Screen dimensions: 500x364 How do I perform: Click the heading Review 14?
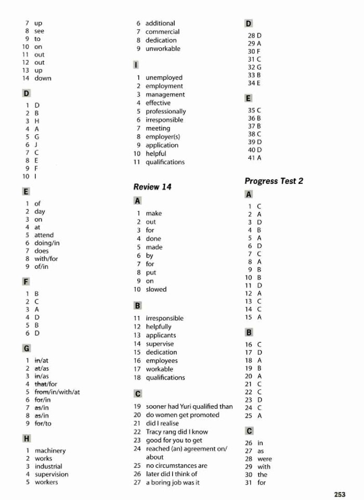[152, 186]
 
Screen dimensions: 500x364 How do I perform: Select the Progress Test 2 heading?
[274, 181]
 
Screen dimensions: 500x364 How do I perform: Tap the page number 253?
[340, 493]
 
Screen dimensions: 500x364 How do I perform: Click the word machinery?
[50, 451]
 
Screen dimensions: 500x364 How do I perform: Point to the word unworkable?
[163, 48]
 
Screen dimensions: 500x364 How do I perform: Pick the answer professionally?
[165, 111]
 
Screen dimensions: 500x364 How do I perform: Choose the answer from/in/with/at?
[57, 392]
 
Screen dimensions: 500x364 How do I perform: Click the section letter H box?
[26, 438]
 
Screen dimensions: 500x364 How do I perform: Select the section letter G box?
[26, 347]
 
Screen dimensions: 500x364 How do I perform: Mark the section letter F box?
[26, 281]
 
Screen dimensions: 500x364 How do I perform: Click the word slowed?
[156, 289]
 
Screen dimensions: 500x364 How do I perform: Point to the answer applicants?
[161, 335]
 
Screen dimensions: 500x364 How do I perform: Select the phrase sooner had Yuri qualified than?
[189, 406]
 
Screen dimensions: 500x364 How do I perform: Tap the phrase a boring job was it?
[173, 482]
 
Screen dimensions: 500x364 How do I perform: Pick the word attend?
[44, 235]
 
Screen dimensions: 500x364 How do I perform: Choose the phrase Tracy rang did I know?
[177, 432]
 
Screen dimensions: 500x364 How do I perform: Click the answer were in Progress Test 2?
[264, 459]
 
